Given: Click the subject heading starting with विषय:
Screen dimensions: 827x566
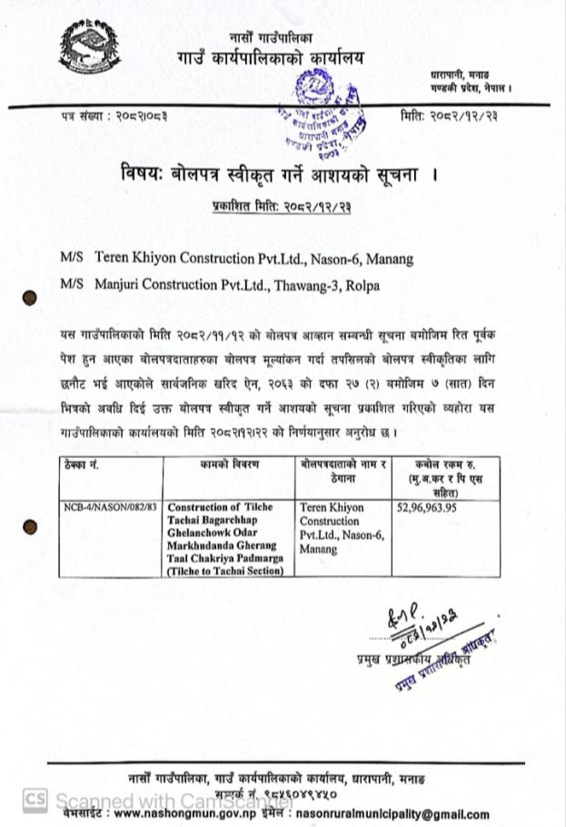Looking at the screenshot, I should coord(270,173).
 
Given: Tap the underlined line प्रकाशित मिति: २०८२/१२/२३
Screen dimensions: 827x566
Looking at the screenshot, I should coord(275,209).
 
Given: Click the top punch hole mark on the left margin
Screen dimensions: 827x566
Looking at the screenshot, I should coord(30,296).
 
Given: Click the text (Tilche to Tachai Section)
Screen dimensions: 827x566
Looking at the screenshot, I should coord(225,571).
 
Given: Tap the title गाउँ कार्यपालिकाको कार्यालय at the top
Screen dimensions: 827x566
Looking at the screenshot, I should coord(270,57).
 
